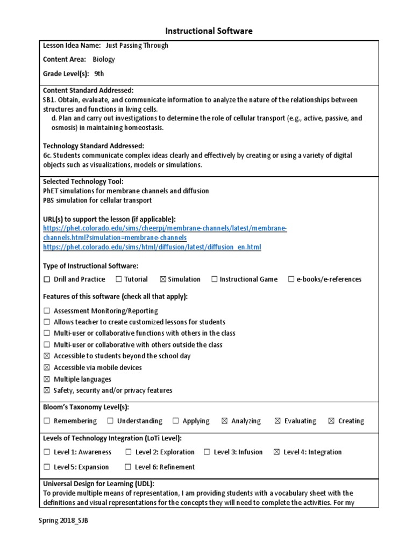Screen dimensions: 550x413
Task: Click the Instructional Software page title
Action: pyautogui.click(x=207, y=31)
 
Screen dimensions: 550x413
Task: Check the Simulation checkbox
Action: pyautogui.click(x=163, y=279)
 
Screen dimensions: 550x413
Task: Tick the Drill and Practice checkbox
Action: pyautogui.click(x=47, y=279)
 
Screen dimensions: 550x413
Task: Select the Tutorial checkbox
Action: pyautogui.click(x=118, y=279)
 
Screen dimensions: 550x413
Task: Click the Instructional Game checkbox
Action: pyautogui.click(x=215, y=279)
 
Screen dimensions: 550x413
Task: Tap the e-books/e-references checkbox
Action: pyautogui.click(x=291, y=279)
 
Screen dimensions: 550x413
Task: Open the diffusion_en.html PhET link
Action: pyautogui.click(x=152, y=247)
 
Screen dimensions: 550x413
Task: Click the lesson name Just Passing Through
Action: pyautogui.click(x=137, y=46)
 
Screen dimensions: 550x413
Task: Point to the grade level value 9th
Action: pyautogui.click(x=99, y=74)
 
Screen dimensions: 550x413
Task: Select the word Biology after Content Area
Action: pyautogui.click(x=104, y=60)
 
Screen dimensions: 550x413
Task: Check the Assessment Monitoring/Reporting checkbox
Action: pyautogui.click(x=47, y=311)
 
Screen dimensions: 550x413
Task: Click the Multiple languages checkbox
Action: pyautogui.click(x=47, y=379)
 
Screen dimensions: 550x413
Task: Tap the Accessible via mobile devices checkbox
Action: pyautogui.click(x=47, y=368)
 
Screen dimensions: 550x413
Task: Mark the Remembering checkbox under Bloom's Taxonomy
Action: pyautogui.click(x=47, y=421)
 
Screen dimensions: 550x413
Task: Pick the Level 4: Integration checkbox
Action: pyautogui.click(x=276, y=452)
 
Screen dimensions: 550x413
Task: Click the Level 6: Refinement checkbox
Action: pyautogui.click(x=128, y=467)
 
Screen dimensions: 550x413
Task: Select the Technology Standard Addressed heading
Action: pyautogui.click(x=93, y=146)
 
